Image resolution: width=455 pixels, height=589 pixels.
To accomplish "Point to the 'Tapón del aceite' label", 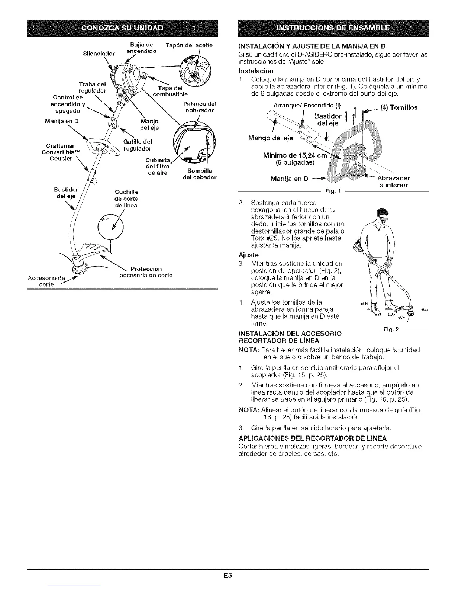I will [189, 45].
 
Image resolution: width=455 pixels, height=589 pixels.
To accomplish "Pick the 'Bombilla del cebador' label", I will [200, 174].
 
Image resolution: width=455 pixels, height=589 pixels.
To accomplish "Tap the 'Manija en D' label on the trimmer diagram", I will [61, 121].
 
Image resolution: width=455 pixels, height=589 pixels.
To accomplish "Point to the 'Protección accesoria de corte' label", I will [146, 272].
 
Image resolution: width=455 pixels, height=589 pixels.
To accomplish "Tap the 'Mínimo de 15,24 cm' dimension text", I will [295, 155].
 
